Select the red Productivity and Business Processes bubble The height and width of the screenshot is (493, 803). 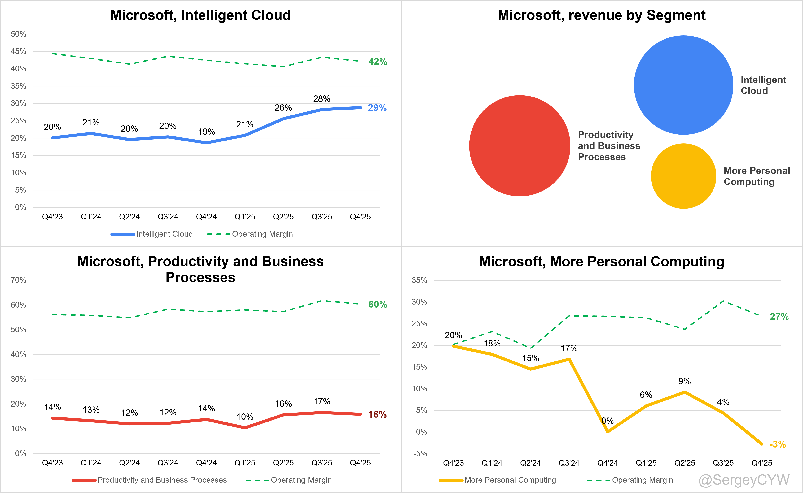click(x=520, y=145)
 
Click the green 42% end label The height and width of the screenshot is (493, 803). click(x=378, y=62)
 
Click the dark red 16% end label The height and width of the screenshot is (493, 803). click(x=377, y=414)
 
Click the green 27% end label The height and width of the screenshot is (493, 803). click(x=779, y=317)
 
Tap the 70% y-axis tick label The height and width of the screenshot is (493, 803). click(x=18, y=280)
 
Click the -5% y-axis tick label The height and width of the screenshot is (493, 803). click(x=420, y=454)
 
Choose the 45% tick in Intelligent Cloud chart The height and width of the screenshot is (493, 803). click(x=18, y=51)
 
